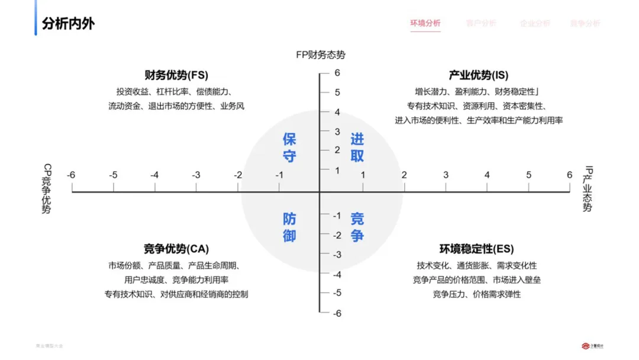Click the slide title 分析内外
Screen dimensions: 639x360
coord(68,24)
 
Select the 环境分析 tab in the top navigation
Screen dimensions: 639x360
coord(425,24)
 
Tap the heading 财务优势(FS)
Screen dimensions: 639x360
coord(176,75)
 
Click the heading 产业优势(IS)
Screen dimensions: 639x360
coord(478,75)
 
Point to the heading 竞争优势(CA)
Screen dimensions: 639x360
coord(176,249)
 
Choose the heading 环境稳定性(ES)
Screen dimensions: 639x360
coord(476,249)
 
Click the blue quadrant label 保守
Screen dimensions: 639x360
coord(289,147)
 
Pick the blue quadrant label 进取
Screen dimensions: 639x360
coord(357,147)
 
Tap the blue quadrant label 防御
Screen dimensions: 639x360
coord(289,227)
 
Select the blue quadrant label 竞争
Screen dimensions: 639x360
coord(357,227)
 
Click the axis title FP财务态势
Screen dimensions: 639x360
coord(321,55)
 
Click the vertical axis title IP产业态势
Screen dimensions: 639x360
coord(587,189)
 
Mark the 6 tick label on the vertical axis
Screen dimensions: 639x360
coord(337,73)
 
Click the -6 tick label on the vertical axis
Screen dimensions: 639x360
coord(336,313)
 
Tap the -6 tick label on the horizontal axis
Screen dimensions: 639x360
coord(71,175)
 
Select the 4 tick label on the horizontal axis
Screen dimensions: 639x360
coord(487,175)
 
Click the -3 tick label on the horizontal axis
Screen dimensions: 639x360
coord(196,175)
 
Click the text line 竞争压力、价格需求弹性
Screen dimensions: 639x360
coord(476,294)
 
